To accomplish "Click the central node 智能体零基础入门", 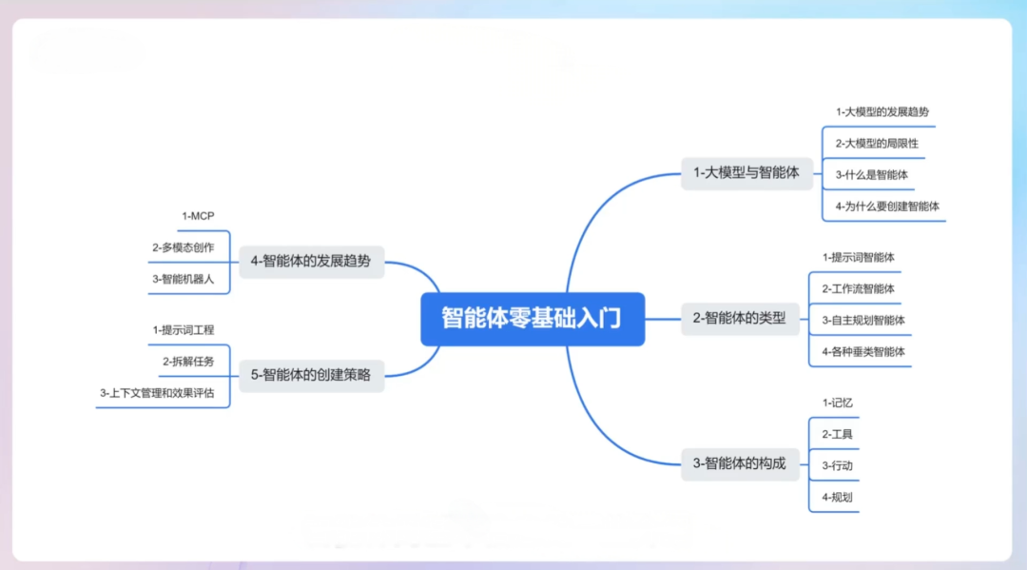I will pyautogui.click(x=533, y=319).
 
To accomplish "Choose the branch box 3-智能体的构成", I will pyautogui.click(x=740, y=463).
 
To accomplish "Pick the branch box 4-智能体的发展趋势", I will pyautogui.click(x=311, y=261).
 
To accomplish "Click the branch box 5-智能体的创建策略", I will pyautogui.click(x=311, y=375).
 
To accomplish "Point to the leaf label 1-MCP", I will pyautogui.click(x=198, y=216).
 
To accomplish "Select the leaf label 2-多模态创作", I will pyautogui.click(x=183, y=247).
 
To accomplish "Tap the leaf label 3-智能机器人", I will pyautogui.click(x=183, y=279).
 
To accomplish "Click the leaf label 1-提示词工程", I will pyautogui.click(x=183, y=330).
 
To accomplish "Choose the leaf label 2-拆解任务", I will pyautogui.click(x=188, y=362).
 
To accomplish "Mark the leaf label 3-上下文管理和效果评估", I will pyautogui.click(x=157, y=393).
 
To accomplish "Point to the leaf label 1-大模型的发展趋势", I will pyautogui.click(x=882, y=112).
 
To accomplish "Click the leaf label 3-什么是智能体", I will pyautogui.click(x=871, y=175).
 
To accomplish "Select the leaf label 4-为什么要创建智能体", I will pyautogui.click(x=888, y=206).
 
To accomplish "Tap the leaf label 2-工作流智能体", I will pyautogui.click(x=858, y=288).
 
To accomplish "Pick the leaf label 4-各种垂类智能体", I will pyautogui.click(x=863, y=352).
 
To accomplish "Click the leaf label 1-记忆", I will pyautogui.click(x=837, y=403).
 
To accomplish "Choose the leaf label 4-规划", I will pyautogui.click(x=837, y=497).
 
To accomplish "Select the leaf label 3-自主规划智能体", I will pyautogui.click(x=863, y=321).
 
